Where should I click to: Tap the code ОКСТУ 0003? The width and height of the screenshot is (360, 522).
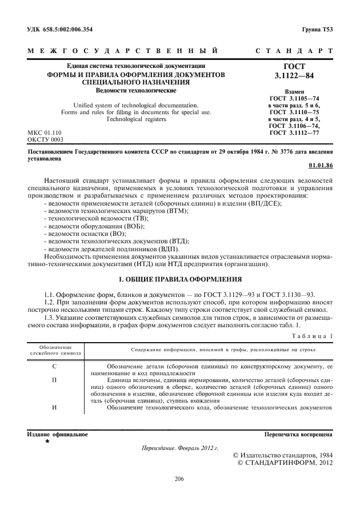click(x=46, y=139)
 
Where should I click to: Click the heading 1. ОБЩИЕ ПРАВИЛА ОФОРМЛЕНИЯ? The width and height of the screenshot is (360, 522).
click(x=180, y=279)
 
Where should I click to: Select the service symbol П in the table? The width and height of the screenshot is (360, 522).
click(x=54, y=379)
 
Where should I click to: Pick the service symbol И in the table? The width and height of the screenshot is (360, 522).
click(x=54, y=407)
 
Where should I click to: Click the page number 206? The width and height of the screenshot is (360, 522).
click(x=179, y=479)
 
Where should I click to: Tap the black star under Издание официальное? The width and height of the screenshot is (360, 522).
click(x=47, y=442)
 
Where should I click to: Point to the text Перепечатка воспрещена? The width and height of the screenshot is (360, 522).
click(x=299, y=435)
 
